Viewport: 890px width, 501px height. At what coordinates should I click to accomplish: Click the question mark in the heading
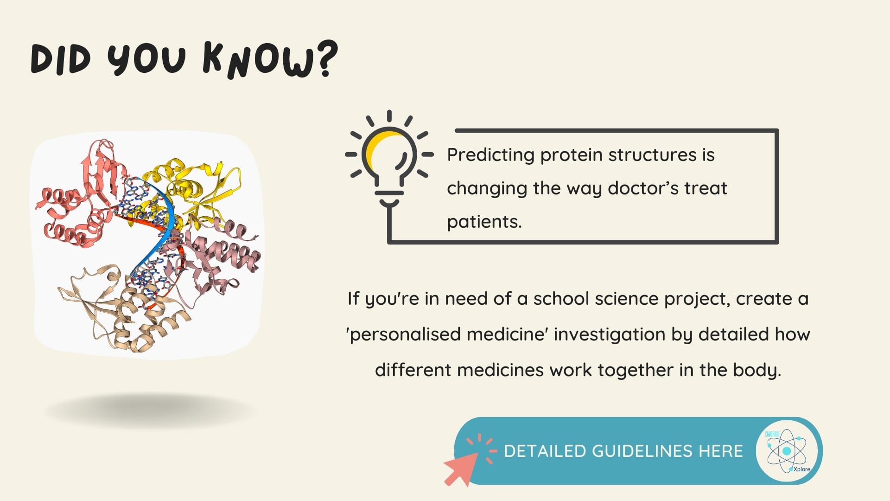pos(326,58)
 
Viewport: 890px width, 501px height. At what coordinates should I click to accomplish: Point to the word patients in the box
pos(484,222)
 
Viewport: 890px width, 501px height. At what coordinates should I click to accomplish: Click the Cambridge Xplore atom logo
pos(787,451)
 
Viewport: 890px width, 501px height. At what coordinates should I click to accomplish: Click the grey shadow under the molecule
pos(151,411)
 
